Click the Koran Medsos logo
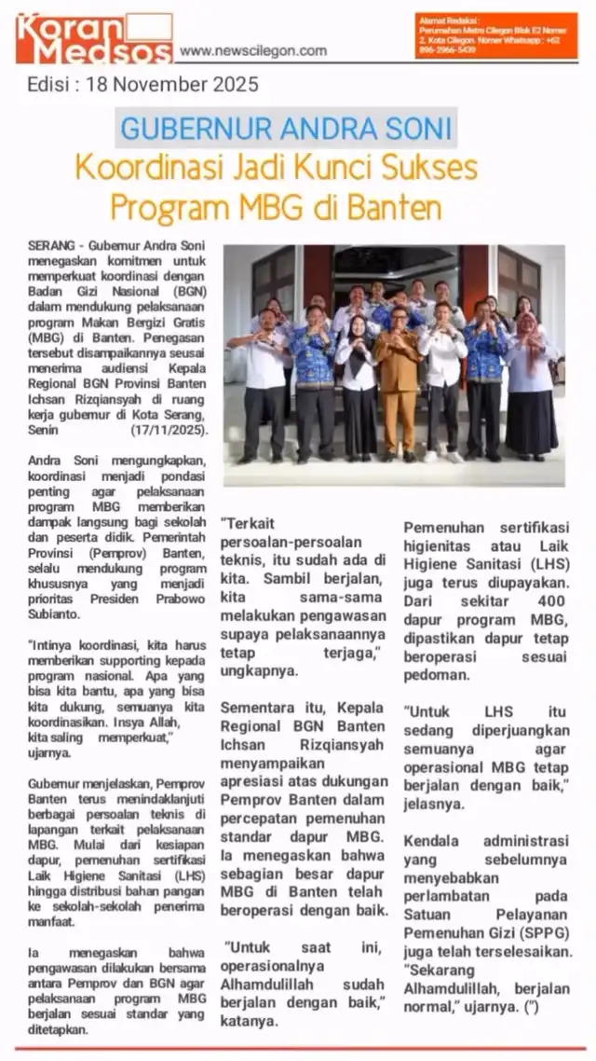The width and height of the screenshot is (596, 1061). click(x=93, y=37)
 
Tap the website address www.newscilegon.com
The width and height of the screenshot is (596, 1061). click(x=252, y=51)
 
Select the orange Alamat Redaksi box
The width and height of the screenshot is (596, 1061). click(x=496, y=35)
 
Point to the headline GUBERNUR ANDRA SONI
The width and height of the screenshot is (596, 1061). click(x=286, y=128)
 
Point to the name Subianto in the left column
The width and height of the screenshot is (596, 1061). click(x=60, y=614)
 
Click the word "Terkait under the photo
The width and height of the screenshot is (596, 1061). click(x=248, y=525)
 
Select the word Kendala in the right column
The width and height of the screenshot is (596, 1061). click(x=433, y=841)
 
